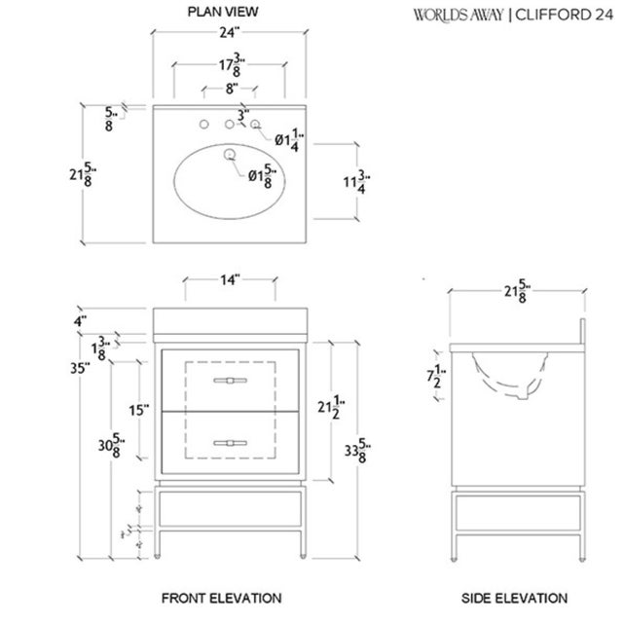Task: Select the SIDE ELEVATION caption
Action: coord(514,597)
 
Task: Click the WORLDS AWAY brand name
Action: coord(459,15)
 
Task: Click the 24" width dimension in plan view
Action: coord(230,32)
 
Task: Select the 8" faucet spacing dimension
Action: coord(230,89)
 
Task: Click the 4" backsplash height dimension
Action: coord(83,320)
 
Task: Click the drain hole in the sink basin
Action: coord(231,156)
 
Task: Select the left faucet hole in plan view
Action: coord(206,125)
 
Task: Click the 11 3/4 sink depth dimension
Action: coord(361,182)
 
